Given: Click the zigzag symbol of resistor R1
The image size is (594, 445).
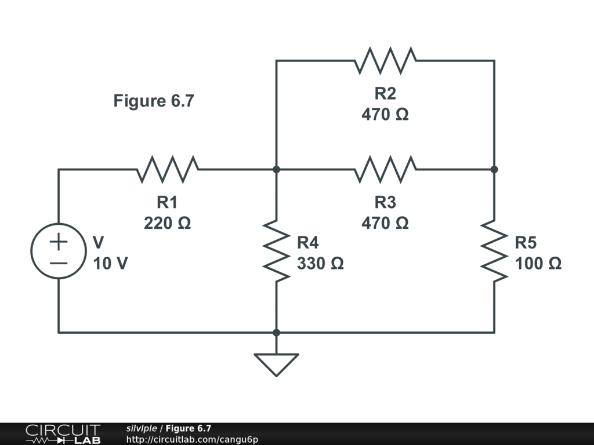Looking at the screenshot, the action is tap(167, 169).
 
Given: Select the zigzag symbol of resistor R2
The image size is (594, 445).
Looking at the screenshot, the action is tap(385, 60).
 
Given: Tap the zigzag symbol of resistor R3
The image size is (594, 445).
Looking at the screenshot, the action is tap(385, 169).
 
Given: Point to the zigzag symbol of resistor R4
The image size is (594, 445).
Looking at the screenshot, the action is tap(277, 251).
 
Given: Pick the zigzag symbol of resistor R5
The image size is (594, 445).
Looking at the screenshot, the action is tap(494, 251).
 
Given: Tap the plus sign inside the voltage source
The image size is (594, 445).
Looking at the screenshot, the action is tap(59, 242).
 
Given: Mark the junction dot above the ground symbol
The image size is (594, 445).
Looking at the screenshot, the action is tap(277, 333).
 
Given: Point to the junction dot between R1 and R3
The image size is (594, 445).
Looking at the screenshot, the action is tap(277, 169).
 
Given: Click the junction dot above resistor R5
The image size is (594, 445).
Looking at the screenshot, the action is tap(494, 169).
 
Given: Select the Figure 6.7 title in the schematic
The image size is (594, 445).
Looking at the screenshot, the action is tap(154, 101).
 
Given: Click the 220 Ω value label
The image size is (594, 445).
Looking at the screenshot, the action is tap(168, 223).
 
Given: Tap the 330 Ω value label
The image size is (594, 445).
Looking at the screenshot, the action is tap(320, 264).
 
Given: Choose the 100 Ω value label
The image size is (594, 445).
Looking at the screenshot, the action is tap(538, 264).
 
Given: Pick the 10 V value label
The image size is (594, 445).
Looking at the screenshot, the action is tap(111, 264).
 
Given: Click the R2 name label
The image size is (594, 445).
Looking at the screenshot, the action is tap(385, 93).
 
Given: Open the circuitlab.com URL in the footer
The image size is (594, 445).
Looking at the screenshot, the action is tap(192, 439).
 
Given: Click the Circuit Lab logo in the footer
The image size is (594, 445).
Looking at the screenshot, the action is tap(63, 434).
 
